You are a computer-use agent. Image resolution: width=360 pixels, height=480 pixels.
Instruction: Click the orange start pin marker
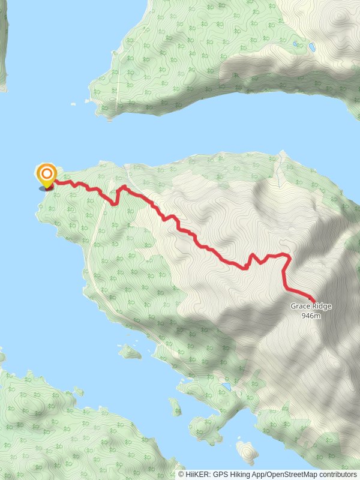[46, 175]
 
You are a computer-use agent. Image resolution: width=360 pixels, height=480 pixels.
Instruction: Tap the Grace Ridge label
[311, 306]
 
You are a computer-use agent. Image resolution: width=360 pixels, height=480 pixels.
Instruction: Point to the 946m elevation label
[311, 316]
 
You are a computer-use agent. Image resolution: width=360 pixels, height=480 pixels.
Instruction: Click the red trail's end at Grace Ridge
[314, 299]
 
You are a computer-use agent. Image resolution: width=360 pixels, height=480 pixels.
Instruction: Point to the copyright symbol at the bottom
[181, 475]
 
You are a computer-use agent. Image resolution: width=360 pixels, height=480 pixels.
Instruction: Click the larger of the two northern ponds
[311, 46]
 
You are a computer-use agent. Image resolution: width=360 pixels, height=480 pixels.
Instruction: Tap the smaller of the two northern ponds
[295, 44]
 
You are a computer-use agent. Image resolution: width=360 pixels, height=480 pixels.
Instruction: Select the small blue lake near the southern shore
[226, 387]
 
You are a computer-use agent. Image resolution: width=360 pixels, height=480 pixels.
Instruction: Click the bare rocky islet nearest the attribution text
[246, 451]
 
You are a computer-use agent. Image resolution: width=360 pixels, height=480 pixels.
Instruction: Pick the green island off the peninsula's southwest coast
[129, 352]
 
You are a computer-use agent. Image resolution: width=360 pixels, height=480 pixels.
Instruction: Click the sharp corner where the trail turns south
[289, 257]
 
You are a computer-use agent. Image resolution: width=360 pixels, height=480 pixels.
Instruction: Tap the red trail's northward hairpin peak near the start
[123, 187]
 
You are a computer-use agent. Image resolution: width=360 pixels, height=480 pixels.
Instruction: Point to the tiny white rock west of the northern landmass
[73, 103]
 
